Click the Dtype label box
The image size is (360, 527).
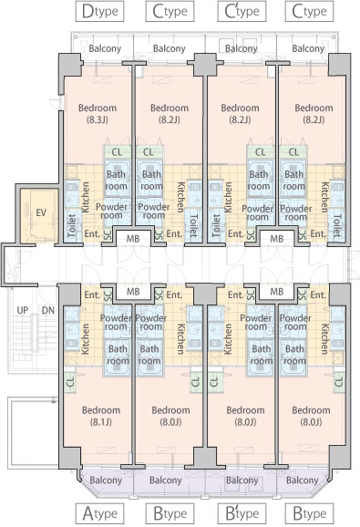[x=99, y=12]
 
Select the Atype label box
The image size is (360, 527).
[x=99, y=513]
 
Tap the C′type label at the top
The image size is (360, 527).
[x=242, y=12]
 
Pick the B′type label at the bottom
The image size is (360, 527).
[x=242, y=513]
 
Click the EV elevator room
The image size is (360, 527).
[x=39, y=216]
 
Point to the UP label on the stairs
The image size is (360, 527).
[x=23, y=310]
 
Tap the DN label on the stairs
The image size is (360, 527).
[x=48, y=310]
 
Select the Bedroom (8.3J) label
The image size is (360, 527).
[x=98, y=114]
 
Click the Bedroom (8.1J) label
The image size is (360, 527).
[x=101, y=416]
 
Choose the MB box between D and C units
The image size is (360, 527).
[x=133, y=239]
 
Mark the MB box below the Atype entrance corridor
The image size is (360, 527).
[x=133, y=292]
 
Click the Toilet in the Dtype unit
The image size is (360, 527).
[x=73, y=226]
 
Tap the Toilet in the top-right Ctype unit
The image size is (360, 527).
[x=337, y=226]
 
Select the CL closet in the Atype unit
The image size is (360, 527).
[x=70, y=382]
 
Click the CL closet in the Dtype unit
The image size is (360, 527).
[x=117, y=152]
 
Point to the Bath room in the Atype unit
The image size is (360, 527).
[x=118, y=356]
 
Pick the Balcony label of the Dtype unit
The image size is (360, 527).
[x=105, y=48]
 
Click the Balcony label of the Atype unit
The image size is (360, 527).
[x=106, y=480]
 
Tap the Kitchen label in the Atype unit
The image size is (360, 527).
[x=86, y=339]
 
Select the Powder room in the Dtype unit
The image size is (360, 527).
[x=112, y=211]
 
